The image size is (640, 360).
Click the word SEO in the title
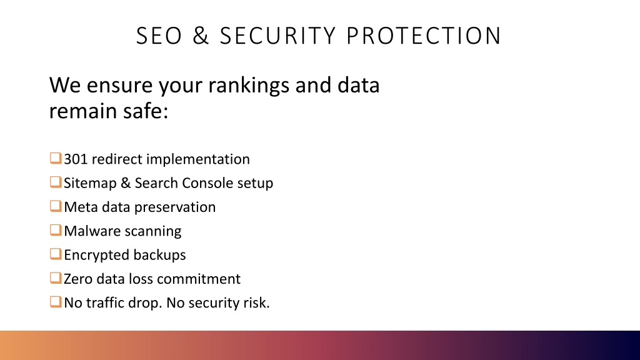[159, 36]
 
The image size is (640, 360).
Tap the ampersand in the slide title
[201, 36]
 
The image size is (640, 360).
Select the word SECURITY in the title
[277, 36]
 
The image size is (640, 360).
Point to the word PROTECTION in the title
[424, 36]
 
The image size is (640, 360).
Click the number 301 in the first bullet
[76, 159]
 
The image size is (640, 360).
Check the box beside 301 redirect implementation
[56, 158]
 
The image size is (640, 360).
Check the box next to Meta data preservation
[56, 206]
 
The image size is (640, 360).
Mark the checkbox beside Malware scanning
[56, 230]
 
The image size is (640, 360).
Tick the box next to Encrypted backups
[56, 254]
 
